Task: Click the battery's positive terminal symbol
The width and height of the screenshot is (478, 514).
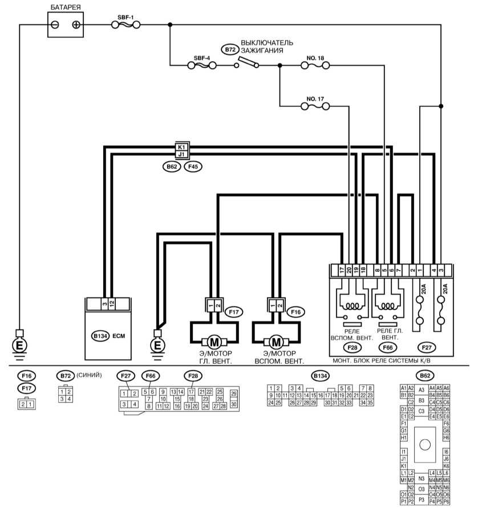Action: point(76,25)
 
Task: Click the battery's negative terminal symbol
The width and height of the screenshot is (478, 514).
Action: point(55,25)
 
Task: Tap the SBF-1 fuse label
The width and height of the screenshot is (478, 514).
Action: point(125,17)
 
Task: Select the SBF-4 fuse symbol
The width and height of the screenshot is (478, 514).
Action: point(202,66)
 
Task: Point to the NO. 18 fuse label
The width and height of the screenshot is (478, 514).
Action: point(315,58)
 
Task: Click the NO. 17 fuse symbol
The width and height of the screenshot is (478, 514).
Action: point(315,106)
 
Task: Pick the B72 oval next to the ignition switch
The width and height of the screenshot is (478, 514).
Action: point(230,50)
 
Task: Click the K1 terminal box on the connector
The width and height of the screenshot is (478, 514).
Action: point(182,147)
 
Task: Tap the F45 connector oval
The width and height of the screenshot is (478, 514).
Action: point(193,167)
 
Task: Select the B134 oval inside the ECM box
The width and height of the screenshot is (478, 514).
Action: point(100,336)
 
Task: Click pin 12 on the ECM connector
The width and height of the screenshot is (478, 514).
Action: point(112,304)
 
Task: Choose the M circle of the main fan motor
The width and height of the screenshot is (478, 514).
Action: point(214,342)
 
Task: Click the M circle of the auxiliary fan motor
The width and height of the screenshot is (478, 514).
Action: point(276,342)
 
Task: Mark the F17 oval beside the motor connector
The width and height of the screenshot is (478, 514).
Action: point(234,312)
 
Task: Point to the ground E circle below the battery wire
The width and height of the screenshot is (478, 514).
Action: point(19,345)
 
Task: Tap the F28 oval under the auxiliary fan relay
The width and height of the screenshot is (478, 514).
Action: point(352,347)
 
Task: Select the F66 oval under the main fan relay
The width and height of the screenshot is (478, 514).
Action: point(388,347)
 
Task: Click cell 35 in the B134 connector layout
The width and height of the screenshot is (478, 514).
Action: point(370,403)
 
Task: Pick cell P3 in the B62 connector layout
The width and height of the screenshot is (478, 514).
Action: point(422,500)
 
